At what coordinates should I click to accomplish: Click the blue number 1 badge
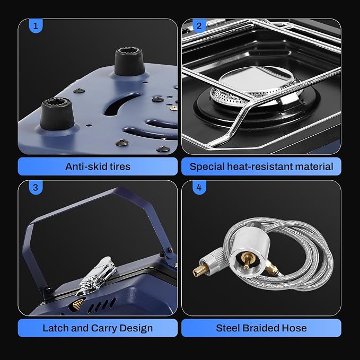[36, 26]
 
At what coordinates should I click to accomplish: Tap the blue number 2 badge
[199, 26]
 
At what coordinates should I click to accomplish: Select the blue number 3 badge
[36, 187]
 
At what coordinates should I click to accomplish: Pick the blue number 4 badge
[199, 187]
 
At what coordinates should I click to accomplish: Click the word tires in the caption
[120, 166]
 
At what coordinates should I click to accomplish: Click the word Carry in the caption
[104, 329]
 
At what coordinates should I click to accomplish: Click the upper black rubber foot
[129, 62]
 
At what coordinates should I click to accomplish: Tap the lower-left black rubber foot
[57, 114]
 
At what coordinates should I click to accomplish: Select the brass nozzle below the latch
[76, 305]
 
